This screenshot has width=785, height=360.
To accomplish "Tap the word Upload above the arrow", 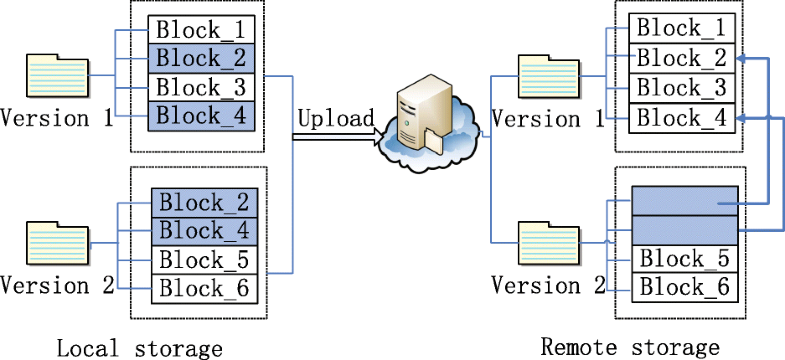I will [335, 118].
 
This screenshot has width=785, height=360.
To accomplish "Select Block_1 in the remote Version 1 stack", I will [684, 27].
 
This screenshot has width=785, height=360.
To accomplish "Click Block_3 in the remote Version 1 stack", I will [684, 87].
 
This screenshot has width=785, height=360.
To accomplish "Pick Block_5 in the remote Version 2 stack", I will [684, 259].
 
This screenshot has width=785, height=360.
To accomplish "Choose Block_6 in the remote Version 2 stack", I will [684, 288].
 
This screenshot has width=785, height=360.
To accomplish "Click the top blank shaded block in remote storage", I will [684, 201].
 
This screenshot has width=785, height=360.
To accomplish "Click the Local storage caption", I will [139, 348].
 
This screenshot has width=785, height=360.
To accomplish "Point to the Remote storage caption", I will [630, 347].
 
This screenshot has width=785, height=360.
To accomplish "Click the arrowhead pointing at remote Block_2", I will [744, 59].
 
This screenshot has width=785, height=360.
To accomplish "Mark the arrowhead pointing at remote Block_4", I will [744, 118].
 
